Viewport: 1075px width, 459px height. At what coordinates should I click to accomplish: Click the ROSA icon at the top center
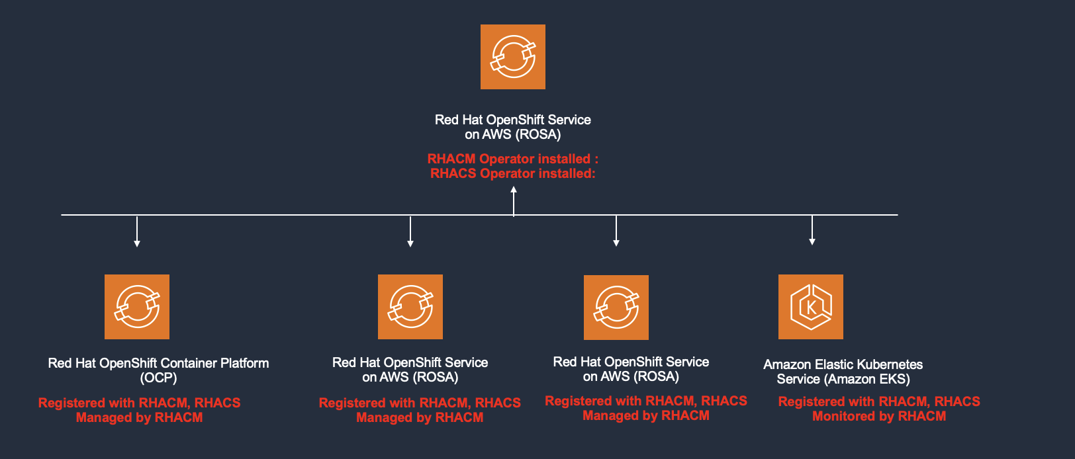(x=513, y=57)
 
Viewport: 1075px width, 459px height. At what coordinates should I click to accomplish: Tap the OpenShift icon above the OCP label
(x=137, y=307)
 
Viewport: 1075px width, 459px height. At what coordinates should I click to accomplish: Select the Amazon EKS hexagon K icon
(x=811, y=307)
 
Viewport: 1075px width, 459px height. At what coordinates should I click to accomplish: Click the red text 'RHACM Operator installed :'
(x=512, y=159)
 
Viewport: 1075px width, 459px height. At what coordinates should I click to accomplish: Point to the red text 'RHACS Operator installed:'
(x=512, y=173)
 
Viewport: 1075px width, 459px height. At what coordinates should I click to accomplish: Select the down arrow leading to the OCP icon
(x=137, y=232)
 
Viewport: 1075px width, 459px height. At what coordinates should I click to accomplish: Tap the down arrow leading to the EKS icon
(x=812, y=231)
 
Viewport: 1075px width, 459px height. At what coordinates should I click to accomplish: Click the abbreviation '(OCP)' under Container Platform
(x=158, y=378)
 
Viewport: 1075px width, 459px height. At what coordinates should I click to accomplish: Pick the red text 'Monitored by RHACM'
(x=879, y=416)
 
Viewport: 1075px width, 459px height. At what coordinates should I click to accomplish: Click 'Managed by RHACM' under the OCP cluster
(x=139, y=417)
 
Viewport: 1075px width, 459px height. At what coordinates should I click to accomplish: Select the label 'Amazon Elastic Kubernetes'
(x=843, y=364)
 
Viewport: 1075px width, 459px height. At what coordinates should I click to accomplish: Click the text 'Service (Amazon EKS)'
(x=843, y=379)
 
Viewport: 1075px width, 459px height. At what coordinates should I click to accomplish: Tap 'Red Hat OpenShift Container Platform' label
(x=158, y=363)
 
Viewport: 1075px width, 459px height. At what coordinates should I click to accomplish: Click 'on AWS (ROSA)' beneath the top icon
(x=512, y=134)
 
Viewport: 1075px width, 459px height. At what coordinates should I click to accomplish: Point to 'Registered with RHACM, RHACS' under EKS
(x=879, y=401)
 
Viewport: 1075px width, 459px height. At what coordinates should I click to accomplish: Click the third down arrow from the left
(x=616, y=232)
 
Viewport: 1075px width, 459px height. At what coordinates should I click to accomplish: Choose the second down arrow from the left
(x=410, y=232)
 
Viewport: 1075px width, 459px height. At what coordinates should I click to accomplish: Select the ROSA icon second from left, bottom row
(x=410, y=307)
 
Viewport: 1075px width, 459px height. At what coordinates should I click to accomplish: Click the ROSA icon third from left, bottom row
(x=616, y=308)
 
